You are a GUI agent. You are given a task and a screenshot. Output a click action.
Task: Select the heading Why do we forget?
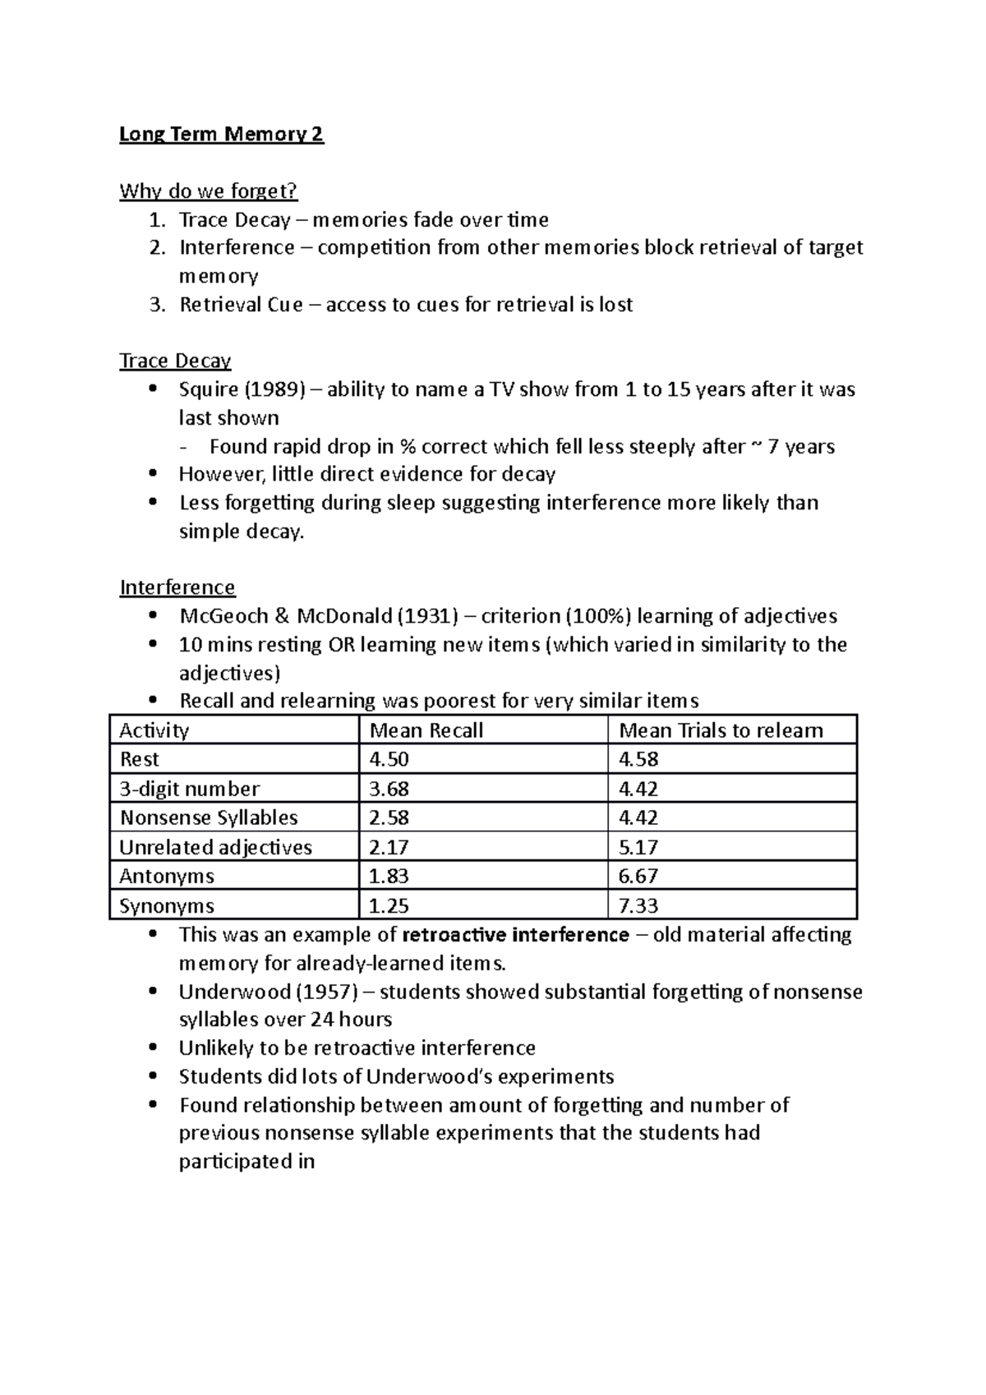coord(208,191)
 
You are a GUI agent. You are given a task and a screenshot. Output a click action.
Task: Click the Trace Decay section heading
coord(175,361)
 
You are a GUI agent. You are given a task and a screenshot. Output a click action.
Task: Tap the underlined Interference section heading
coord(177,587)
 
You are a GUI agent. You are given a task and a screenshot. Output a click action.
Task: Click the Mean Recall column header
coord(426,730)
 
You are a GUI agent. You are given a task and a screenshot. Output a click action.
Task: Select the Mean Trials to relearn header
coord(721,730)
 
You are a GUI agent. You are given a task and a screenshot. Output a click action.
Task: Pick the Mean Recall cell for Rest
coord(389,759)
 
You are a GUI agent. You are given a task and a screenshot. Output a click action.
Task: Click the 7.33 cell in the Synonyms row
coord(638,905)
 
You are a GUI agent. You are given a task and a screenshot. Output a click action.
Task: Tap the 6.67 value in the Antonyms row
coord(638,876)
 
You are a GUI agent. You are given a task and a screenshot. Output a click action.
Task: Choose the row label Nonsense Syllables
coord(209,817)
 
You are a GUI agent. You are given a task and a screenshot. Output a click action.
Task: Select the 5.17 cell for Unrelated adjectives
coord(638,847)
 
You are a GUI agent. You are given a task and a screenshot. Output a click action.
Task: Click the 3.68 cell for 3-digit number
coord(389,789)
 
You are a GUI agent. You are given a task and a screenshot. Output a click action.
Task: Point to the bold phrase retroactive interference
coord(516,935)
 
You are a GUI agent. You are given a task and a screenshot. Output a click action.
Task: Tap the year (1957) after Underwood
coord(325,992)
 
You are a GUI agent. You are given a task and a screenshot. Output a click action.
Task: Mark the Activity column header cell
coord(154,730)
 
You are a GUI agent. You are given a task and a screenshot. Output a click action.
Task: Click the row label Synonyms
coord(167,905)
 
